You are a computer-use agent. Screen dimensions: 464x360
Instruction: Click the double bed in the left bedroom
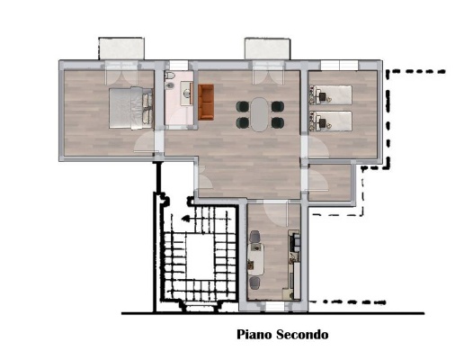pos(131,108)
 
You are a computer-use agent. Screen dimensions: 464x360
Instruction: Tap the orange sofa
pos(206,102)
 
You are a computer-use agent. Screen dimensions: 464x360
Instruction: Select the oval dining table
pos(260,114)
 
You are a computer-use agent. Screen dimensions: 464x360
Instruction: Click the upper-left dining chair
pos(243,106)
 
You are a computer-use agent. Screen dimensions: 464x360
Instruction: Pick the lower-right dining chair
pos(278,122)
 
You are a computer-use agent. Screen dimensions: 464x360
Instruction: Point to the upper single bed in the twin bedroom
pos(330,94)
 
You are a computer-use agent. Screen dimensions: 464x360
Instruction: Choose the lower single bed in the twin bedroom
pos(330,121)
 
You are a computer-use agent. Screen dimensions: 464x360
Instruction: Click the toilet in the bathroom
pos(169,75)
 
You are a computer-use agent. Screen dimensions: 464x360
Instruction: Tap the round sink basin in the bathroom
pos(187,94)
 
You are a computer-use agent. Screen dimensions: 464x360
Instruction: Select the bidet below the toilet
pos(170,86)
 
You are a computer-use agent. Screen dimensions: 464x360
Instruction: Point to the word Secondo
pos(302,335)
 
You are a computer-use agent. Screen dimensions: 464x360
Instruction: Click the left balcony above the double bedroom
pos(121,49)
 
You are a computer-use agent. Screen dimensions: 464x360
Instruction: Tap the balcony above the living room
pos(267,49)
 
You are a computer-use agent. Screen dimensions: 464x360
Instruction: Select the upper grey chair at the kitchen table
pos(254,237)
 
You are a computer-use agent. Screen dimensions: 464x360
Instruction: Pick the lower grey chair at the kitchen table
pos(254,283)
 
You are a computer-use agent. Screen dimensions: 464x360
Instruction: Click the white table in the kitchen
pos(255,259)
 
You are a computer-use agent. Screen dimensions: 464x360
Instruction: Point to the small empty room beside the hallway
pos(329,183)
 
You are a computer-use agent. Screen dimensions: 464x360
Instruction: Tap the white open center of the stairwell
pos(200,256)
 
